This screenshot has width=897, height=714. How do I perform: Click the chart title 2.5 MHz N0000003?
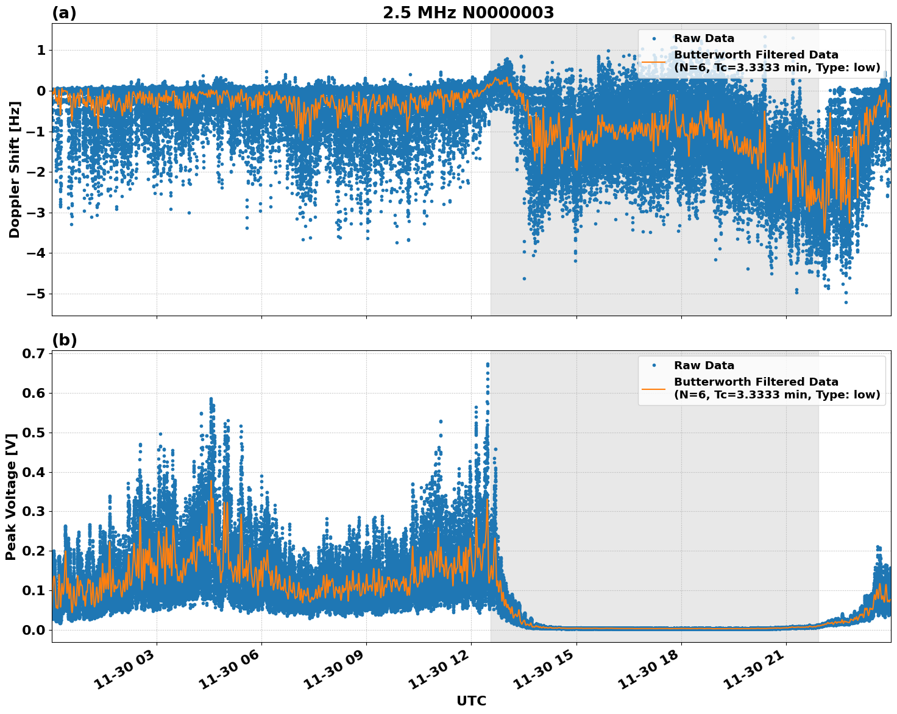point(468,13)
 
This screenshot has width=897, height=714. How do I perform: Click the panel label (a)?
point(64,13)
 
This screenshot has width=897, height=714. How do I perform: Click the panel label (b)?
point(64,340)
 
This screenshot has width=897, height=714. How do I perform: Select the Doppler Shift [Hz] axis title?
point(15,169)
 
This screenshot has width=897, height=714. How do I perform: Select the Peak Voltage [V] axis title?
point(10,496)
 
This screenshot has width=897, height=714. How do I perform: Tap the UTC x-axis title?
point(471,701)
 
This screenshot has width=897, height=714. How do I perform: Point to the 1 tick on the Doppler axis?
point(41,50)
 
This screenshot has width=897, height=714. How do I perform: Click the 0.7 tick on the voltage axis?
point(34,353)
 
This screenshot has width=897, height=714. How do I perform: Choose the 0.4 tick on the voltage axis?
point(34,472)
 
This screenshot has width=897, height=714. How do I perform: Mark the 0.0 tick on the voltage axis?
point(34,630)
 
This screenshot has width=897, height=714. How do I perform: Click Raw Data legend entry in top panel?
point(704,38)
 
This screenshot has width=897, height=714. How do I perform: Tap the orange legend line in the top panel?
point(653,61)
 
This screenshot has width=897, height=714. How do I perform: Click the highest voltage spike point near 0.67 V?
point(487,364)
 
